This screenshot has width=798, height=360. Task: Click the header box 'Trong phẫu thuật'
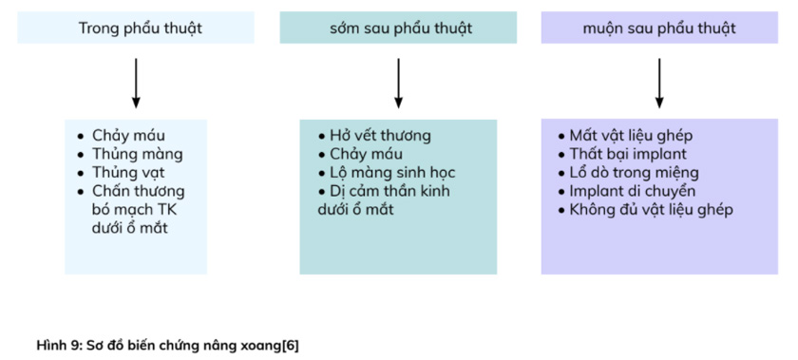coord(136,28)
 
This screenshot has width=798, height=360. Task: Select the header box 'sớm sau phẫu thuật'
coord(398,28)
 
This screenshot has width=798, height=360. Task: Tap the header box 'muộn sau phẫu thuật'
coord(658,28)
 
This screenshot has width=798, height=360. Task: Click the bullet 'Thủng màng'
coord(137,153)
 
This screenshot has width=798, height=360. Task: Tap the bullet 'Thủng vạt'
coord(130,172)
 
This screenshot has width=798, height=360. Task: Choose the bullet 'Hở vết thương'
coord(380,135)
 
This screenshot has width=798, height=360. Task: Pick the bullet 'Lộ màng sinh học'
coord(392,172)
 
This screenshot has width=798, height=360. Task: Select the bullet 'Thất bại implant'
coord(628,153)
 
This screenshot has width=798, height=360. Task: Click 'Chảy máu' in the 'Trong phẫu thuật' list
coord(128,135)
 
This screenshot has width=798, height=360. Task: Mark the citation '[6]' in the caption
coord(290,344)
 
